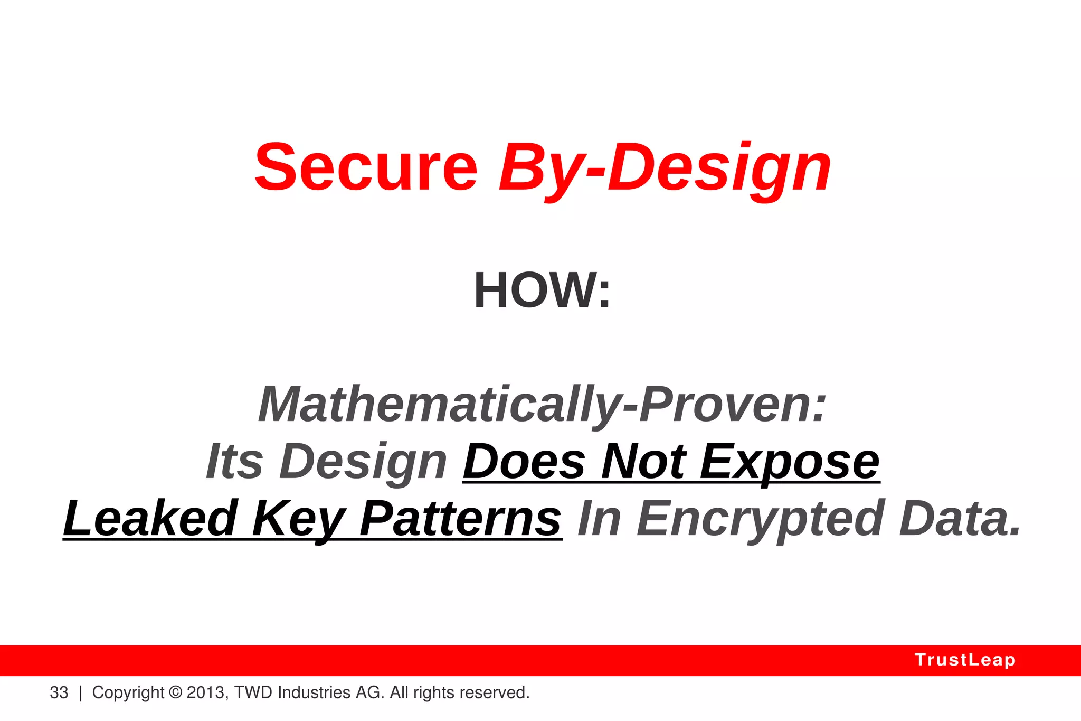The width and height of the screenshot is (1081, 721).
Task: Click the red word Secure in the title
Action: (366, 168)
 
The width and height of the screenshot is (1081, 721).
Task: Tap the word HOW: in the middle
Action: (542, 291)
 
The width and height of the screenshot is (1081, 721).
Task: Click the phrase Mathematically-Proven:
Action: (542, 405)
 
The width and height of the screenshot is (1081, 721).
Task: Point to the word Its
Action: (234, 462)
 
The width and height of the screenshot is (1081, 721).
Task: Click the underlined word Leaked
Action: (150, 519)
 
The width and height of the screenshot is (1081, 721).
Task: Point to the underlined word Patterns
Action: (460, 519)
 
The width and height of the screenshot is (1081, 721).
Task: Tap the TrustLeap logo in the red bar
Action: (965, 660)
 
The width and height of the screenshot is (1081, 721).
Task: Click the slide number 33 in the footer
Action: (59, 692)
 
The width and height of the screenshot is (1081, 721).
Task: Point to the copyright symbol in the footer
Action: (176, 692)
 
